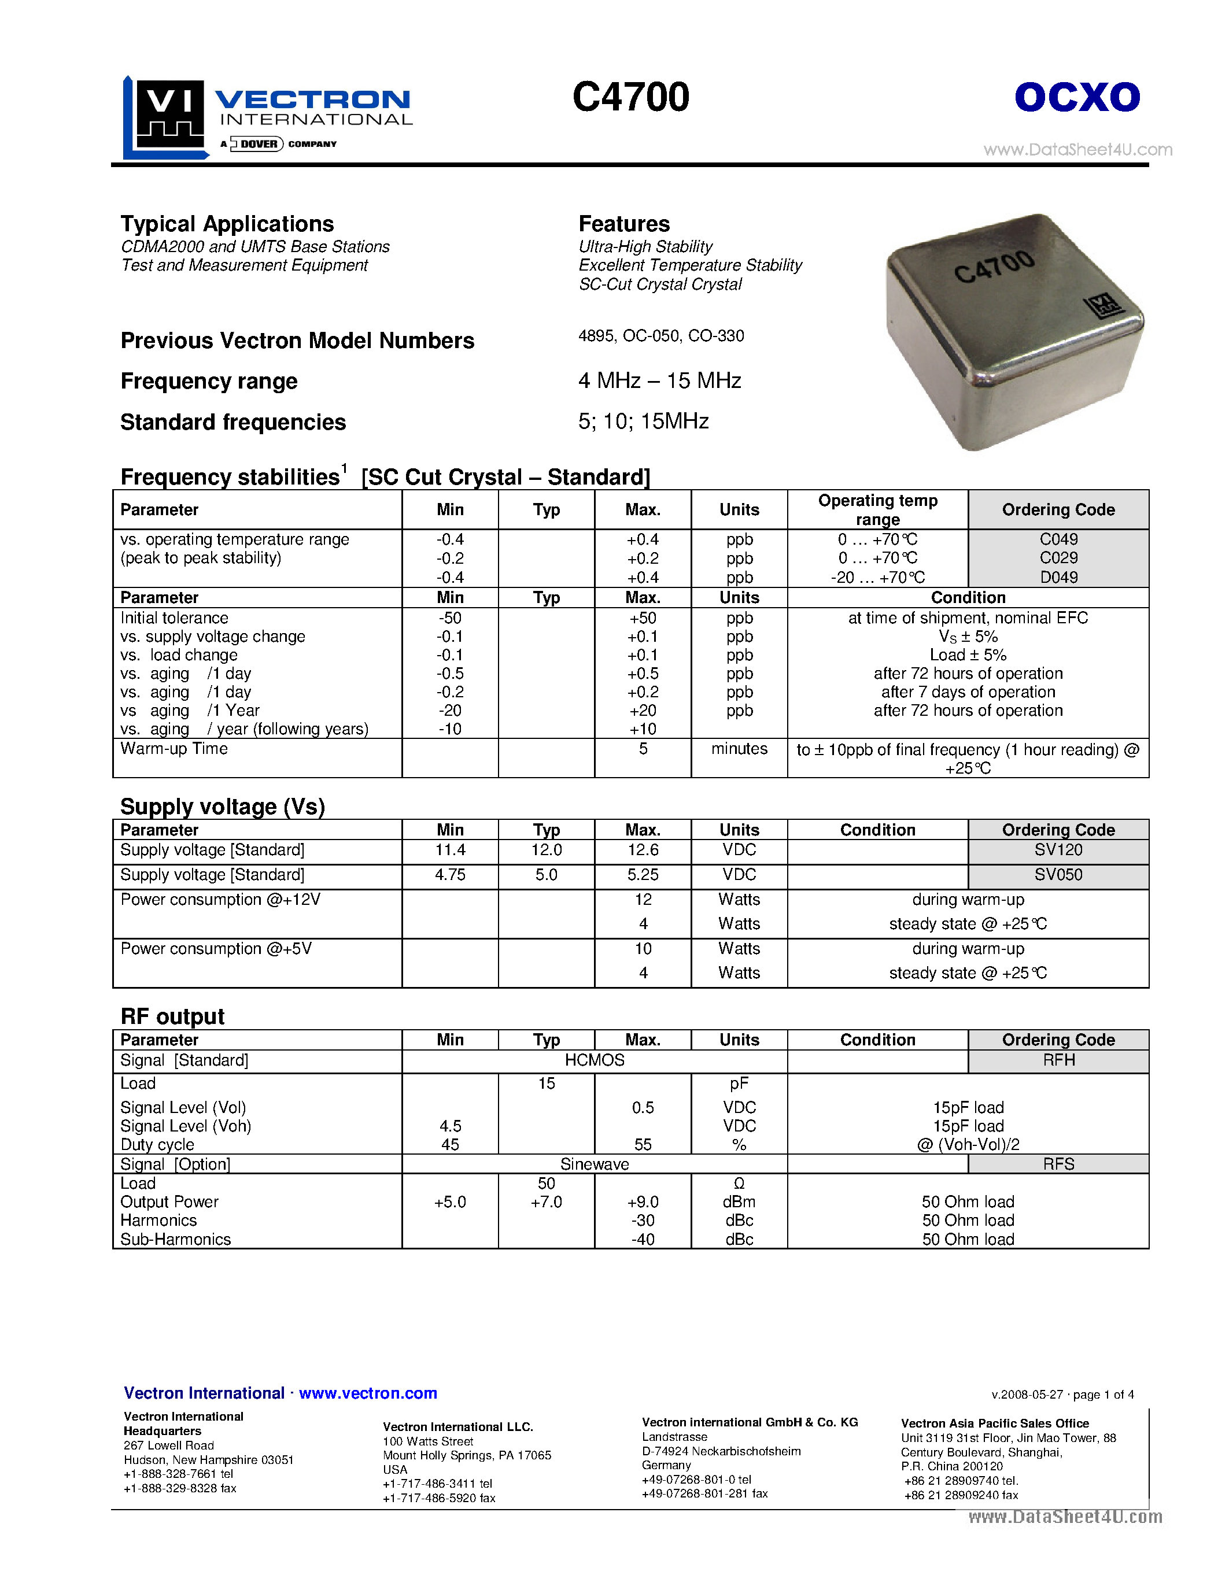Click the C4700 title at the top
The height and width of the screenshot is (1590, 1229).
pos(630,97)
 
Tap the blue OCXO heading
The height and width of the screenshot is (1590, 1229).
pos(1077,97)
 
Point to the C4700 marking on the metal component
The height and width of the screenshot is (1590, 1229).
pos(994,267)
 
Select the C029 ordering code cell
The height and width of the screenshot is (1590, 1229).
pos(1058,558)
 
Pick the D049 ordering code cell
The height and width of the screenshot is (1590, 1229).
pos(1058,578)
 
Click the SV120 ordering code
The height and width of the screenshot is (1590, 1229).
pos(1058,849)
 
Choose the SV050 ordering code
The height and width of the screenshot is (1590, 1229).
pos(1058,874)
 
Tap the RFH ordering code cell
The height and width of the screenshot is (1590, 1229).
pos(1058,1060)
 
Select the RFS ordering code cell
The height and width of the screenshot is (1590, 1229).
pos(1058,1164)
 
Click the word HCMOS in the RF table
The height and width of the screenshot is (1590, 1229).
pos(594,1060)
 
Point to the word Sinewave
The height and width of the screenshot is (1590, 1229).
pos(594,1164)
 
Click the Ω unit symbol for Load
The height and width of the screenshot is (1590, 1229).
pos(739,1183)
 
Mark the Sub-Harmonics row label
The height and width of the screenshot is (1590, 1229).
pos(175,1239)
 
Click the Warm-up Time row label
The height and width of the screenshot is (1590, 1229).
pos(174,748)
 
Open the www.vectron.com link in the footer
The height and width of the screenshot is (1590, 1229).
pos(368,1393)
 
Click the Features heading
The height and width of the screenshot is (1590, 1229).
pos(624,224)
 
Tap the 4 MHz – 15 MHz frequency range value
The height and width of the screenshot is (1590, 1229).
pos(660,381)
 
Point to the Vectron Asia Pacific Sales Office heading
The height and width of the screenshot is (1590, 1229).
pos(995,1423)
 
